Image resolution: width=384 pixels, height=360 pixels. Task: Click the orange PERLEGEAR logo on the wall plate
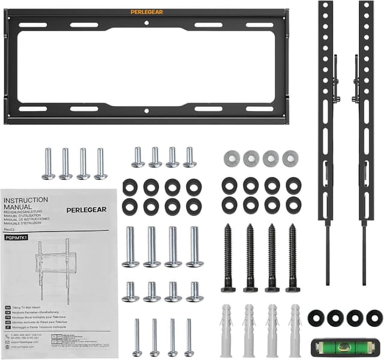coord(146,11)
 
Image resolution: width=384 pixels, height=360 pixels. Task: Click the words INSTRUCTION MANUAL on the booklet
coord(26,203)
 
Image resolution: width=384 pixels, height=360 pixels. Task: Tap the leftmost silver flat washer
coord(231,158)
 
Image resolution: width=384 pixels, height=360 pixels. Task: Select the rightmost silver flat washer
coord(290,158)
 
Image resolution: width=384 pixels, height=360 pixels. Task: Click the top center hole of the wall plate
coord(146,23)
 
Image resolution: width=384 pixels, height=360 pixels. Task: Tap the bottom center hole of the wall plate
coord(146,110)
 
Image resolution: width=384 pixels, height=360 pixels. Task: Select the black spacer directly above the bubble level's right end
coord(374,318)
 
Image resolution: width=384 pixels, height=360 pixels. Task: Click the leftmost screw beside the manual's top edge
coord(48,163)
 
